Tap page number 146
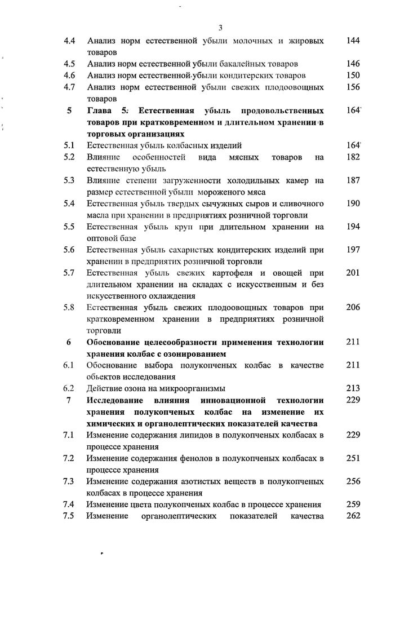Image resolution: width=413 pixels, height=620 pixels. [x=353, y=64]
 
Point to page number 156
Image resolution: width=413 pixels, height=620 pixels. [x=353, y=87]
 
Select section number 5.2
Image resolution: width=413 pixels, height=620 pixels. [x=70, y=157]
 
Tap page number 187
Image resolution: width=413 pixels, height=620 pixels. [x=353, y=180]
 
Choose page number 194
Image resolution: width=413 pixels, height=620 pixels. [x=353, y=227]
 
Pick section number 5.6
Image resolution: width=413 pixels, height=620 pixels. [x=70, y=250]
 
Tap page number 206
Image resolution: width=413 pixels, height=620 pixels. [x=353, y=308]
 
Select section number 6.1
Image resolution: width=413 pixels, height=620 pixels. [x=70, y=365]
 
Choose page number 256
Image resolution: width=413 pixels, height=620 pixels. [x=353, y=481]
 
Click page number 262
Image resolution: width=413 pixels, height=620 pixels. [x=353, y=516]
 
